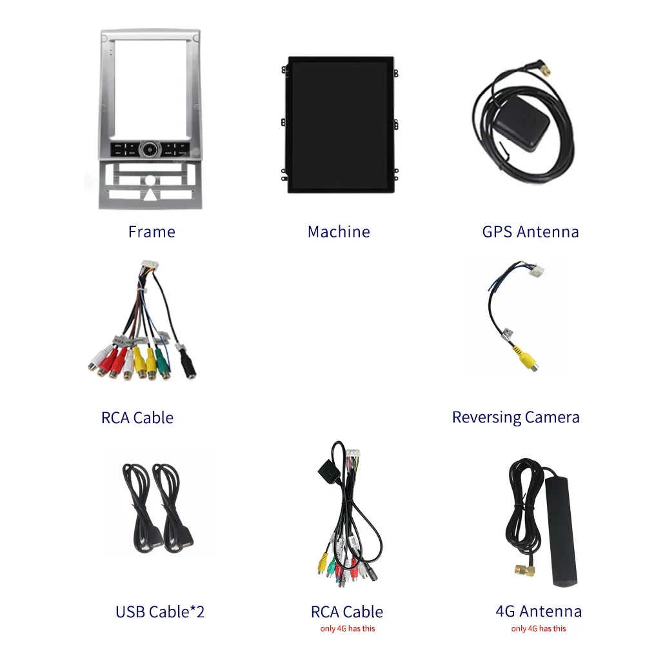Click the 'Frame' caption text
[152, 232]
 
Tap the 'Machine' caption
[339, 232]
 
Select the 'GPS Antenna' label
[530, 232]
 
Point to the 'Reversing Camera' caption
[515, 417]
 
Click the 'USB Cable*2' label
[160, 611]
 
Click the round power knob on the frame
[150, 150]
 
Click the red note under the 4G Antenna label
[538, 628]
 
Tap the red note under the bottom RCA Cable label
[348, 628]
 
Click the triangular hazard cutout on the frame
[150, 194]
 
